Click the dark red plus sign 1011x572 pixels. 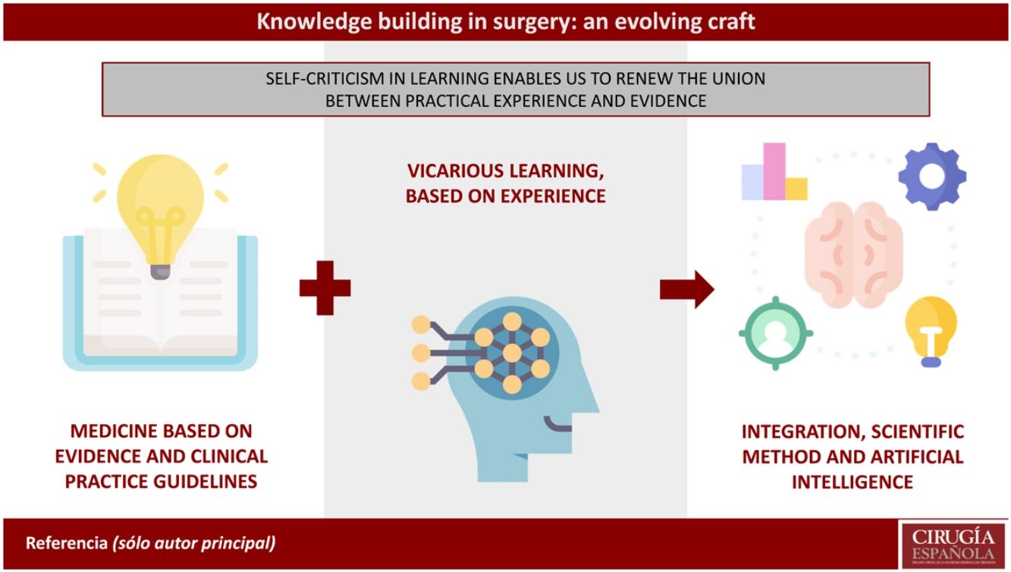pos(325,288)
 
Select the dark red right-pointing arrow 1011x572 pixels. pos(686,288)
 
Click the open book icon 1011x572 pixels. pos(159,303)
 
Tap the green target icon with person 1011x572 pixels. pos(775,334)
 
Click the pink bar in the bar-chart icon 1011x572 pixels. pos(774,171)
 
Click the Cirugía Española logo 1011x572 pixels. pos(953,544)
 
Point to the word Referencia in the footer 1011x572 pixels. pos(67,544)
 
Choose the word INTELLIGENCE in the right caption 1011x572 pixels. pos(852,482)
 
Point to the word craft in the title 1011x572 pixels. pos(729,20)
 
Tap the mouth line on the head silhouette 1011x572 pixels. pos(561,424)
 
